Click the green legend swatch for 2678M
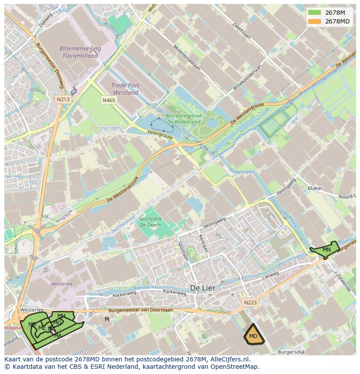coord(315,13)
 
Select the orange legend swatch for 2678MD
coord(315,21)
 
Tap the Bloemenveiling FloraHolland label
coord(80,52)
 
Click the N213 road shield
coord(63,99)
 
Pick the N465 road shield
coord(109,100)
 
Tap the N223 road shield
coord(250,302)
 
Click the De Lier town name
coord(203,288)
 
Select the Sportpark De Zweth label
coord(150,222)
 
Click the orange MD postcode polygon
coord(253,335)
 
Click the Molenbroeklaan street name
coord(187,58)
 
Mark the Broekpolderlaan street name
coord(247,78)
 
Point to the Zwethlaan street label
coord(241,30)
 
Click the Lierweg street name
coord(271,276)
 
